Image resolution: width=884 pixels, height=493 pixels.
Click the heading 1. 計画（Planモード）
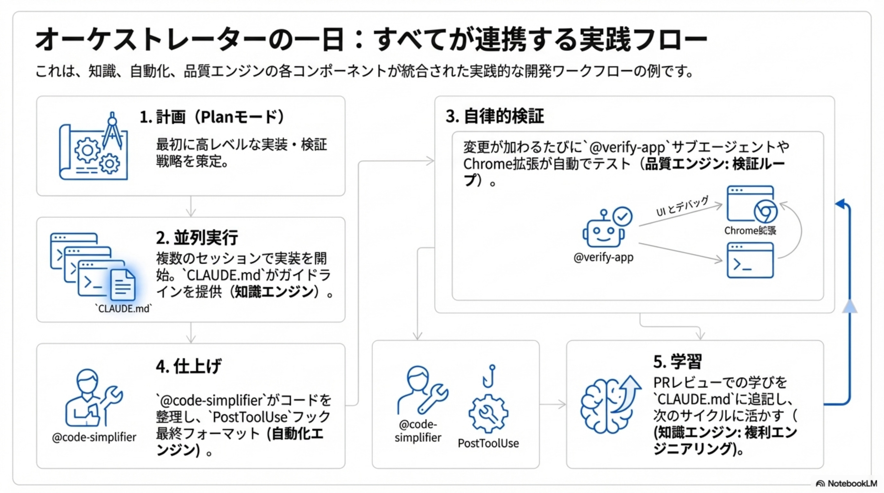coord(212,117)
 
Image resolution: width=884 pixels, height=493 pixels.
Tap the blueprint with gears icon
coord(93,147)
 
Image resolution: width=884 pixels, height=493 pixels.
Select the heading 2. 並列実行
coord(197,238)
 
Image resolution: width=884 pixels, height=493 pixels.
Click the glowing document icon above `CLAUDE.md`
coord(123,285)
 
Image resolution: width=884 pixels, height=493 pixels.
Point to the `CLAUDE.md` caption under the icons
coord(123,308)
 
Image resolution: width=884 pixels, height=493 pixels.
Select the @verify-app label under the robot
coord(603,257)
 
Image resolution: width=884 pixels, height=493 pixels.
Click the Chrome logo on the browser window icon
coord(765,212)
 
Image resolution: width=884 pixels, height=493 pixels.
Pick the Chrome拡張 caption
coord(750,231)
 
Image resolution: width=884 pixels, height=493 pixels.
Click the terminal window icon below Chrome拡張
coord(750,261)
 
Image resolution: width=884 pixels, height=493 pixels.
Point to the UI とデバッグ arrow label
coord(682,206)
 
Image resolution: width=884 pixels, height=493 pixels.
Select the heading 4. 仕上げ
coord(189,366)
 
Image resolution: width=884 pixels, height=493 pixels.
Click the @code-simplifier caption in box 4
coord(94,437)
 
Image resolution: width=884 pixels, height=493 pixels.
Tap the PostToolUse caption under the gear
coord(488,443)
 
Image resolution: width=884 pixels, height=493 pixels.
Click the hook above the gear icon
coord(489,376)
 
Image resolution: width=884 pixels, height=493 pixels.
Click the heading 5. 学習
coord(677,362)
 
